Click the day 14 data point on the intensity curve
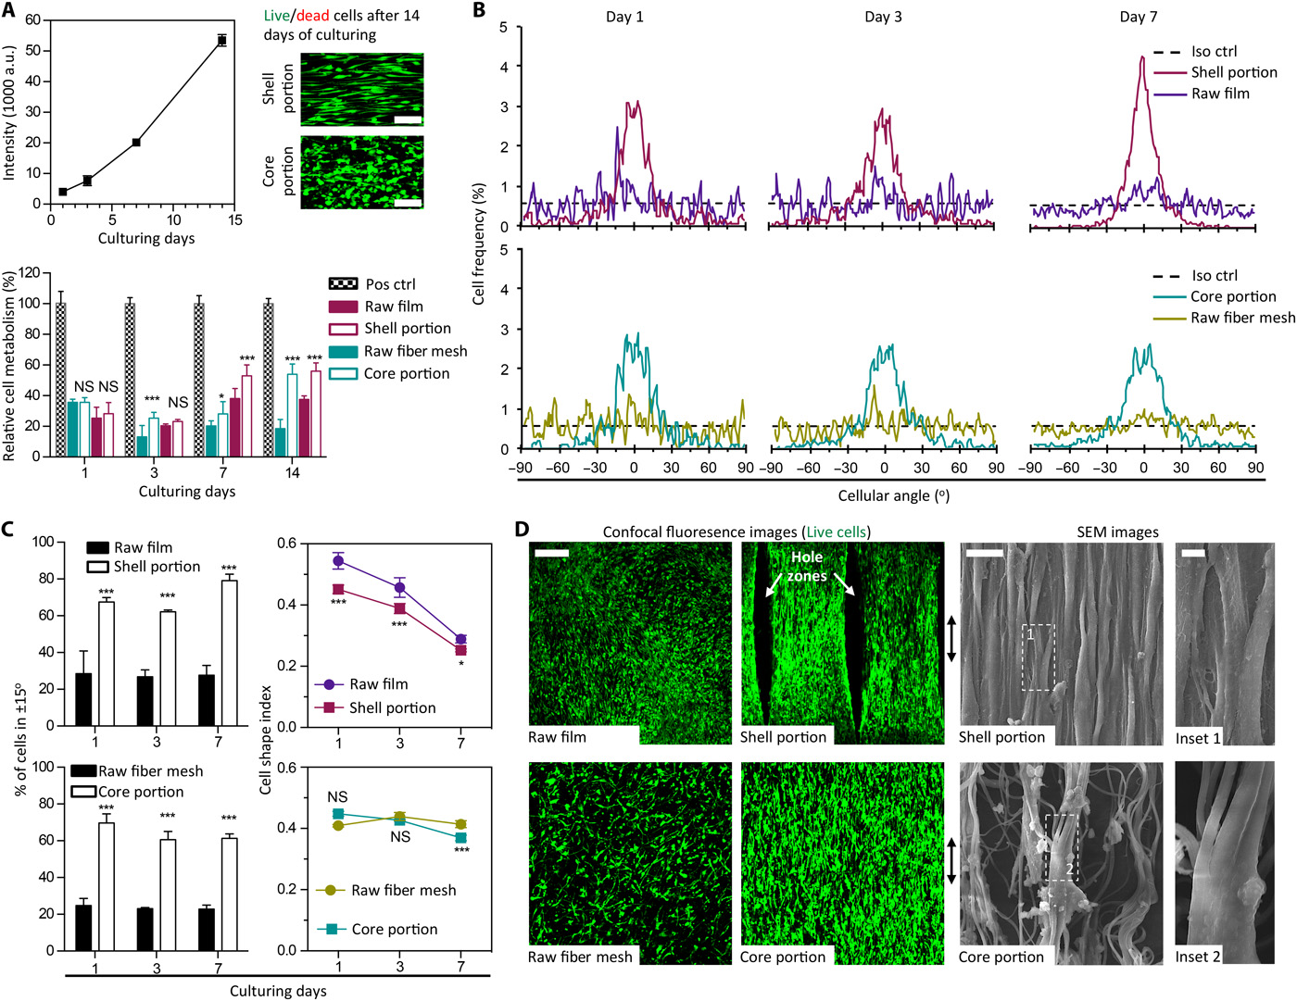(221, 40)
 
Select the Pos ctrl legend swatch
(343, 283)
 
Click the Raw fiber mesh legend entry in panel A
(415, 351)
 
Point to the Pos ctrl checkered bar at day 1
(61, 379)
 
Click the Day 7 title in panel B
(1138, 17)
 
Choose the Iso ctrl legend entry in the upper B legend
(1214, 52)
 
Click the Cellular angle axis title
(893, 495)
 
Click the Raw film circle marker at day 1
(338, 561)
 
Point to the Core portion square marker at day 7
(460, 837)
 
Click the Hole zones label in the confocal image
(807, 566)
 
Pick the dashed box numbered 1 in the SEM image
(1038, 657)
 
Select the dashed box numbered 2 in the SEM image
(1061, 847)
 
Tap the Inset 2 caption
(1198, 957)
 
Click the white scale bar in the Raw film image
(550, 553)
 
